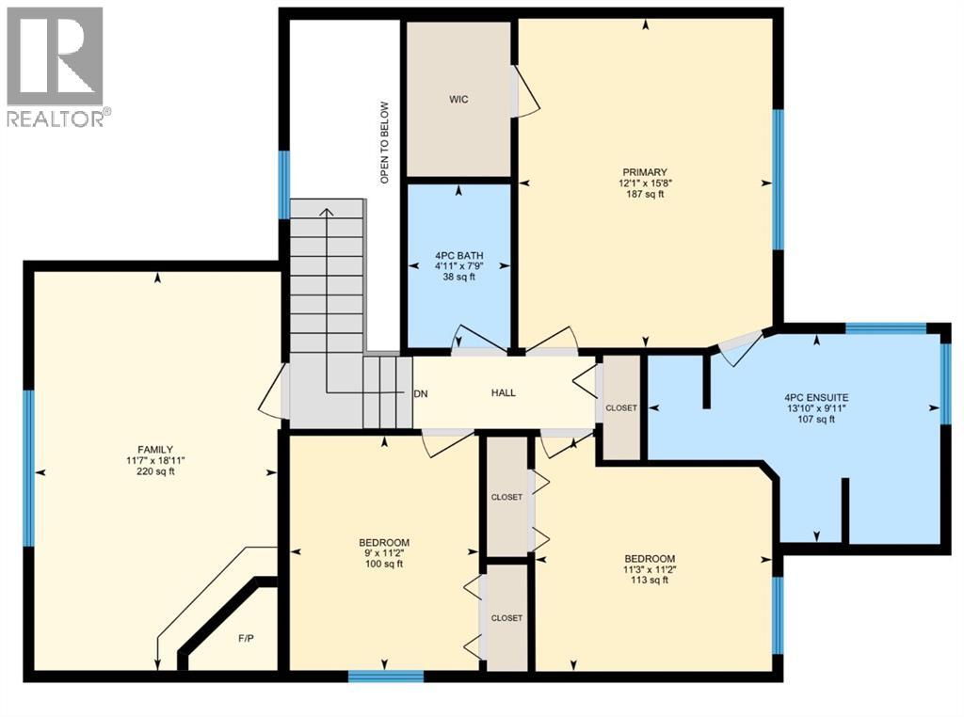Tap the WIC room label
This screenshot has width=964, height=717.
[458, 99]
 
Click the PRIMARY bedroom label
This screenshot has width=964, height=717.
[644, 170]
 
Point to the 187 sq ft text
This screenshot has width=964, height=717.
[644, 195]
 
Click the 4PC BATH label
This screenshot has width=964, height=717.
[458, 254]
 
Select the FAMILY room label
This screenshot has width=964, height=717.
[156, 449]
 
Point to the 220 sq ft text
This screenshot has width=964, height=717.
[156, 472]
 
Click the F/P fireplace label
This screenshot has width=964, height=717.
[244, 638]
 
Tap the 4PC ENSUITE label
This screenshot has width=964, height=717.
[815, 397]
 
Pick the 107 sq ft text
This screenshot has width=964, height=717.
[815, 421]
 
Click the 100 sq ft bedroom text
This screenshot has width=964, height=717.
[384, 565]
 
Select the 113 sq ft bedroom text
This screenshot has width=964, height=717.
[648, 581]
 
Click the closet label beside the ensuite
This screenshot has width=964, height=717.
[621, 407]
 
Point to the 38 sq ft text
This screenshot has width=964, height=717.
[458, 279]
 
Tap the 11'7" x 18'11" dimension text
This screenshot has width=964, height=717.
[156, 460]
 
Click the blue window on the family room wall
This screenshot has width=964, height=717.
[29, 468]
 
